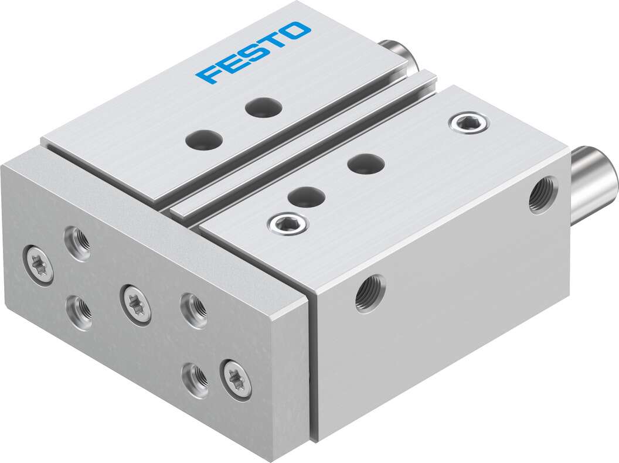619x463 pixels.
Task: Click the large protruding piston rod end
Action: (x=595, y=181)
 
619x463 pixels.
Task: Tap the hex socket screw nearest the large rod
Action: (x=467, y=122)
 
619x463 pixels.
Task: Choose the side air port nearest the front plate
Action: (x=370, y=294)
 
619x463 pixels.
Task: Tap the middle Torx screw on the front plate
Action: (x=135, y=304)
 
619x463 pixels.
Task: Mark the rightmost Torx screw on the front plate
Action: (x=236, y=379)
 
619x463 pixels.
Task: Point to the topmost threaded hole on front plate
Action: (x=78, y=243)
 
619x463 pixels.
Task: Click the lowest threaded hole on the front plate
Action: (x=194, y=380)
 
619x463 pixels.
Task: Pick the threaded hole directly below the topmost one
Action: (x=79, y=312)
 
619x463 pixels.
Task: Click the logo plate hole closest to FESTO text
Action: (x=263, y=107)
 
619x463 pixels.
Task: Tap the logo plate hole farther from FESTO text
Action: (x=204, y=140)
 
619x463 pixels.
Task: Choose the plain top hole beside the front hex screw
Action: (x=307, y=197)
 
